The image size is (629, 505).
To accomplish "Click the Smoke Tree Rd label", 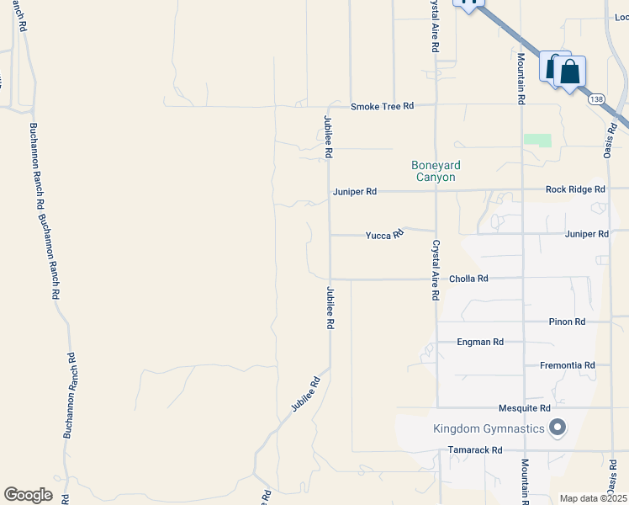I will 383,106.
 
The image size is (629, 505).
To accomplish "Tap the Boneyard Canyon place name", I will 435,171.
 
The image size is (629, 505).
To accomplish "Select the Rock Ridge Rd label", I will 575,189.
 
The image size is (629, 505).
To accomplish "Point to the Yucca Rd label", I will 384,236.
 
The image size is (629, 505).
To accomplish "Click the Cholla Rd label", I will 469,279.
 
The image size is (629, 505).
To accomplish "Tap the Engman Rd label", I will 480,343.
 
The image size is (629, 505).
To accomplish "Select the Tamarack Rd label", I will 475,450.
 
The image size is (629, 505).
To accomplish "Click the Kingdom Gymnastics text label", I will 489,429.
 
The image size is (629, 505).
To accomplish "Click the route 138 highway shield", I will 597,99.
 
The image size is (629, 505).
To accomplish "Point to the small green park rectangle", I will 537,141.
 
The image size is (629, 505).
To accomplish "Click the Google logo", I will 29,495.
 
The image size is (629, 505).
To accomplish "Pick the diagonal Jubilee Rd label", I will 306,393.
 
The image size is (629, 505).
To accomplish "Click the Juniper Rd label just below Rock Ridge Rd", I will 587,234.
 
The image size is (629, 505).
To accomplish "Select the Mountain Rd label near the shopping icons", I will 521,78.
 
